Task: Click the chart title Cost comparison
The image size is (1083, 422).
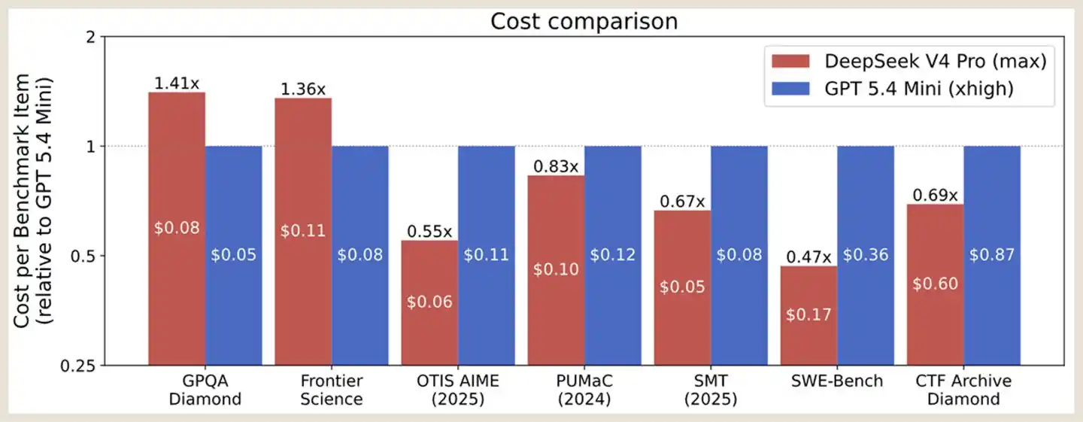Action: [584, 21]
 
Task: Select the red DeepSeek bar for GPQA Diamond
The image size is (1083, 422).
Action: [177, 229]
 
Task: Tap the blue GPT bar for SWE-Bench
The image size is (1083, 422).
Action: [866, 256]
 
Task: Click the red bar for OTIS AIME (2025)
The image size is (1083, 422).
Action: [429, 303]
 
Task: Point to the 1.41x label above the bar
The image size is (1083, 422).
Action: [177, 83]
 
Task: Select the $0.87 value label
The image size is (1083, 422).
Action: [991, 255]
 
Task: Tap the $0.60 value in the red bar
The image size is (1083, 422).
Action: [935, 284]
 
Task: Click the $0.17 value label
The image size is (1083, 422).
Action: [808, 314]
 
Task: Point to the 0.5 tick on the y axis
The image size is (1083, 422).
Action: [83, 257]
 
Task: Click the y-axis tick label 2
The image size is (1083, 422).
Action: [90, 37]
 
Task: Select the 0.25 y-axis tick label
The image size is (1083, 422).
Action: [78, 366]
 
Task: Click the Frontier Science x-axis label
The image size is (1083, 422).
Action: [331, 390]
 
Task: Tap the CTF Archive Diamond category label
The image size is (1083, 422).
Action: [963, 390]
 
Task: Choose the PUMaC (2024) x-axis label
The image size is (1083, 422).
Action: [584, 390]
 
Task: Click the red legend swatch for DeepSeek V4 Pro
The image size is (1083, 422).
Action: [790, 62]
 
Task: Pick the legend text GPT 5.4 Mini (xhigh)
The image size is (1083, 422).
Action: [919, 89]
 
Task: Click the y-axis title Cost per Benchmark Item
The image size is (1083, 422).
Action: [21, 201]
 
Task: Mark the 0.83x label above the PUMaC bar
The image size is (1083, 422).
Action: [556, 166]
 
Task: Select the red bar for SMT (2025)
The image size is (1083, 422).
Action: [682, 288]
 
